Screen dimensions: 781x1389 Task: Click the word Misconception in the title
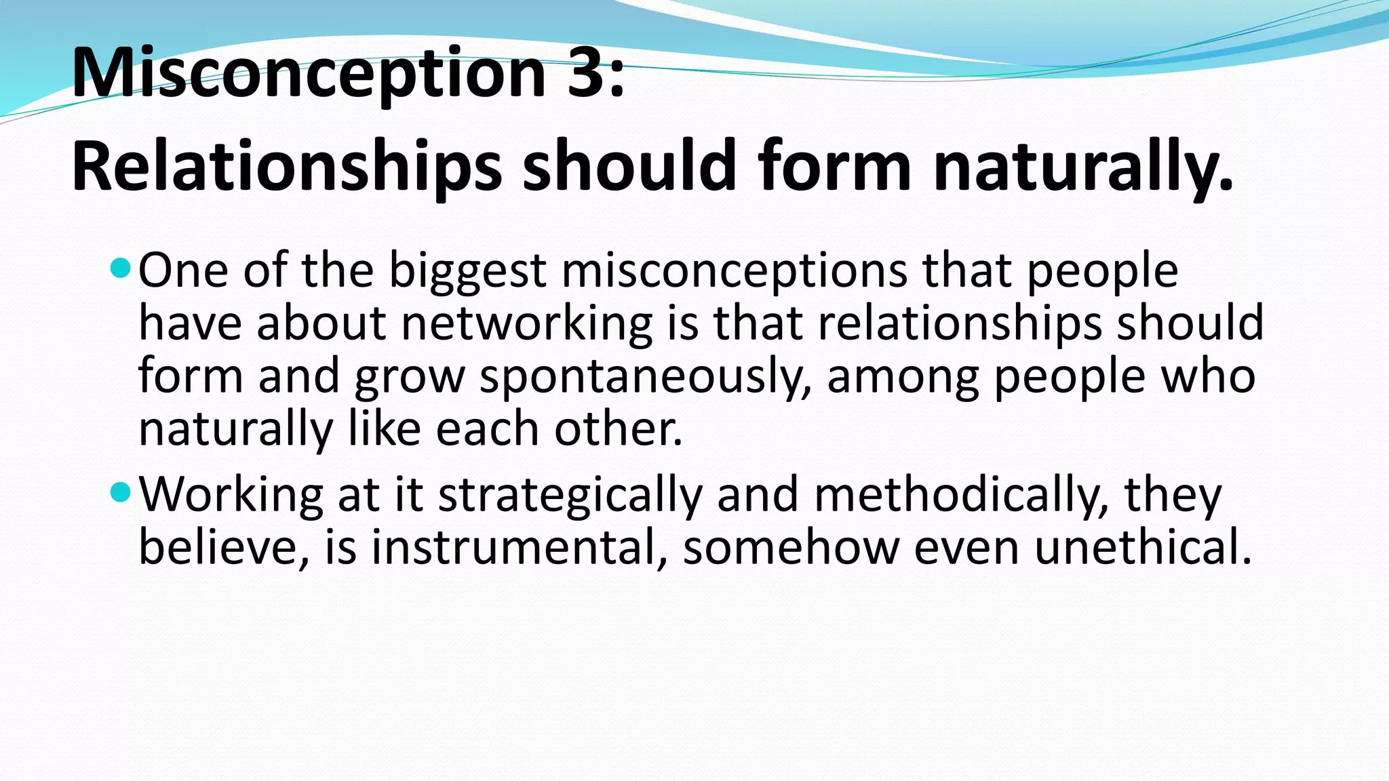[309, 73]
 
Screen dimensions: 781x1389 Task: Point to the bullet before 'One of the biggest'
[119, 268]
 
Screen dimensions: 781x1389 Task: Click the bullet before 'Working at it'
[119, 493]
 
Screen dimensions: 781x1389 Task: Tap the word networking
[526, 323]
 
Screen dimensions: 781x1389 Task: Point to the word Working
[231, 496]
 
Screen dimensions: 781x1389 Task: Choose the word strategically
[570, 496]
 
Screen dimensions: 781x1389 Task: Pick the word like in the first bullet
[384, 429]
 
